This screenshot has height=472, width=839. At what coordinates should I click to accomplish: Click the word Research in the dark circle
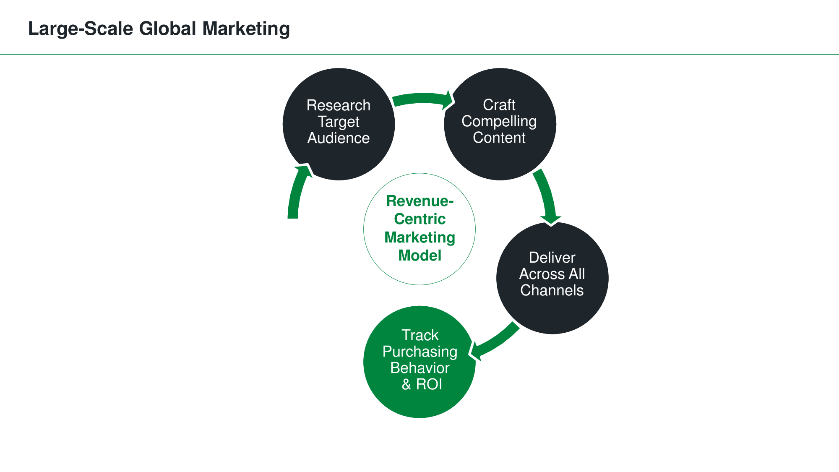(x=339, y=105)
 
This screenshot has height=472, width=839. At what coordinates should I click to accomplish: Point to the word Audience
(x=339, y=138)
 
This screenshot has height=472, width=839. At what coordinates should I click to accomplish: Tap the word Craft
(x=499, y=105)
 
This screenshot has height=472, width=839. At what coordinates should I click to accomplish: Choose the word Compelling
(x=499, y=121)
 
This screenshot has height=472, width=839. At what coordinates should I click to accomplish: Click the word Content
(x=499, y=138)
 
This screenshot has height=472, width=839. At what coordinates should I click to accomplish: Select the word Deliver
(x=552, y=258)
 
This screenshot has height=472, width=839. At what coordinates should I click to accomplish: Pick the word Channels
(x=552, y=290)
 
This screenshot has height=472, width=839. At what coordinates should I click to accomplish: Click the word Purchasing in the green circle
(x=419, y=352)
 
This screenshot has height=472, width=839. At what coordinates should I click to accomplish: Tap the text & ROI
(x=422, y=384)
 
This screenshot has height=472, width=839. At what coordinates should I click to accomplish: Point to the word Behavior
(x=419, y=368)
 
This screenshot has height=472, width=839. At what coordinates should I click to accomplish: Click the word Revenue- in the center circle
(x=419, y=201)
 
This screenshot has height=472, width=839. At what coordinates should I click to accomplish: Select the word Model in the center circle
(x=419, y=256)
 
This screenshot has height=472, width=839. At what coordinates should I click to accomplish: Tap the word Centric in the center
(x=419, y=219)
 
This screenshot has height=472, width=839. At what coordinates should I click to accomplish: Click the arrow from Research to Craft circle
(x=422, y=99)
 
